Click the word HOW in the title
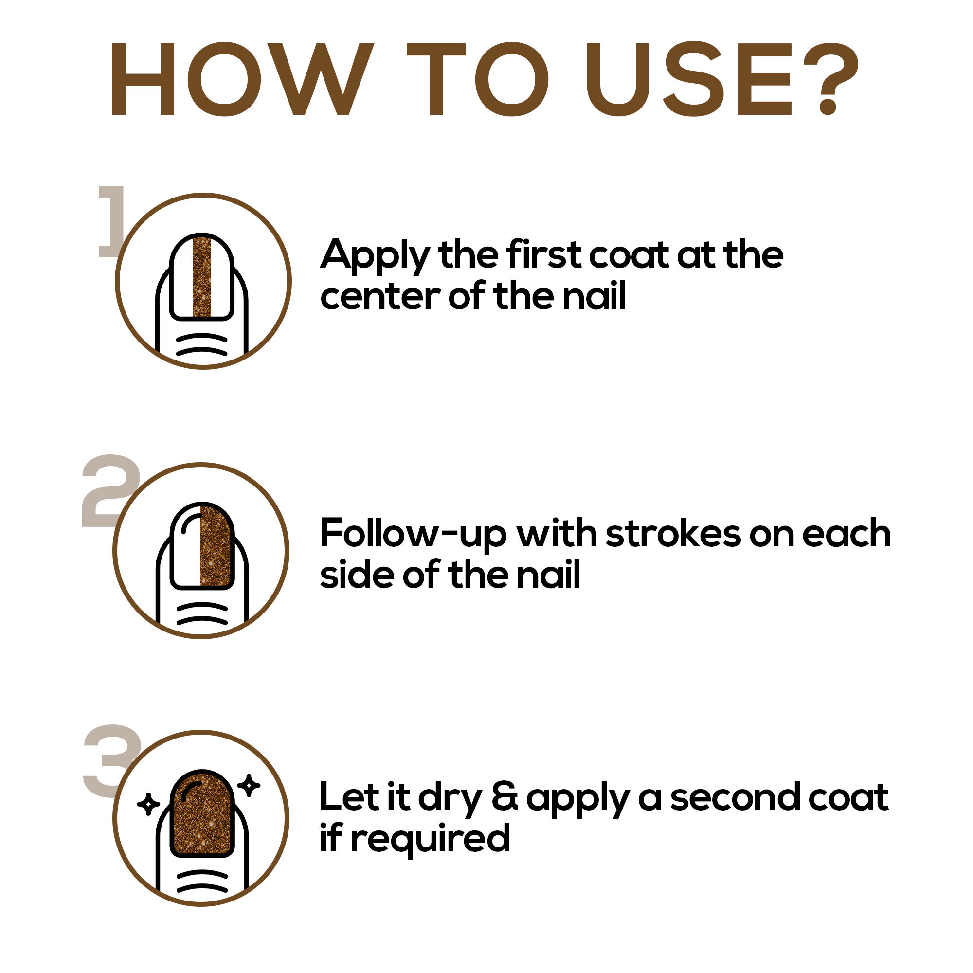242,79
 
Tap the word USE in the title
689,79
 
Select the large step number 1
111,221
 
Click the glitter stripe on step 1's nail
202,277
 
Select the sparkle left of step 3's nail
148,804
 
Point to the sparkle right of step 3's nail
249,785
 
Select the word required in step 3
431,839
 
